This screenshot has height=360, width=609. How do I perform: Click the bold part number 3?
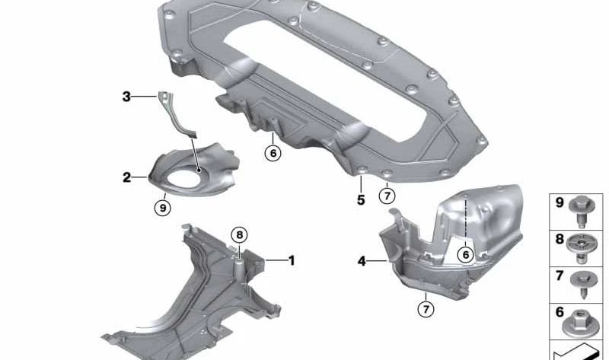coord(126,97)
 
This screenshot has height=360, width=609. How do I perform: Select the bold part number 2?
coord(126,177)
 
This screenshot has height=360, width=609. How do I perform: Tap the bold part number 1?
coord(292,260)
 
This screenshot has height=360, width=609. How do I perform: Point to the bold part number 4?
coord(362,261)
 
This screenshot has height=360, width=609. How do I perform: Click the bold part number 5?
coord(361,200)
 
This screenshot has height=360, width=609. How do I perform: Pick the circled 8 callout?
coord(239,235)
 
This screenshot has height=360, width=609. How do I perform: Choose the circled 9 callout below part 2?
coord(163,208)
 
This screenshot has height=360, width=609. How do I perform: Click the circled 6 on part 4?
coord(465,255)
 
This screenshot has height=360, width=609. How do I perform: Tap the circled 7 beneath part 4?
coord(426,309)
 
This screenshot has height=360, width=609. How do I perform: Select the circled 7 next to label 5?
coord(387,196)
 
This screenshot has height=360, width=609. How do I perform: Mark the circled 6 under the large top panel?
coord(273,154)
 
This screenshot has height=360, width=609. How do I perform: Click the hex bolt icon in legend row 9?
coord(581,211)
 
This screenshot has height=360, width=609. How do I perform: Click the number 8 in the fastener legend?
coord(560,239)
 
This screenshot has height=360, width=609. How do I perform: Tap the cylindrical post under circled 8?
coord(240,270)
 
